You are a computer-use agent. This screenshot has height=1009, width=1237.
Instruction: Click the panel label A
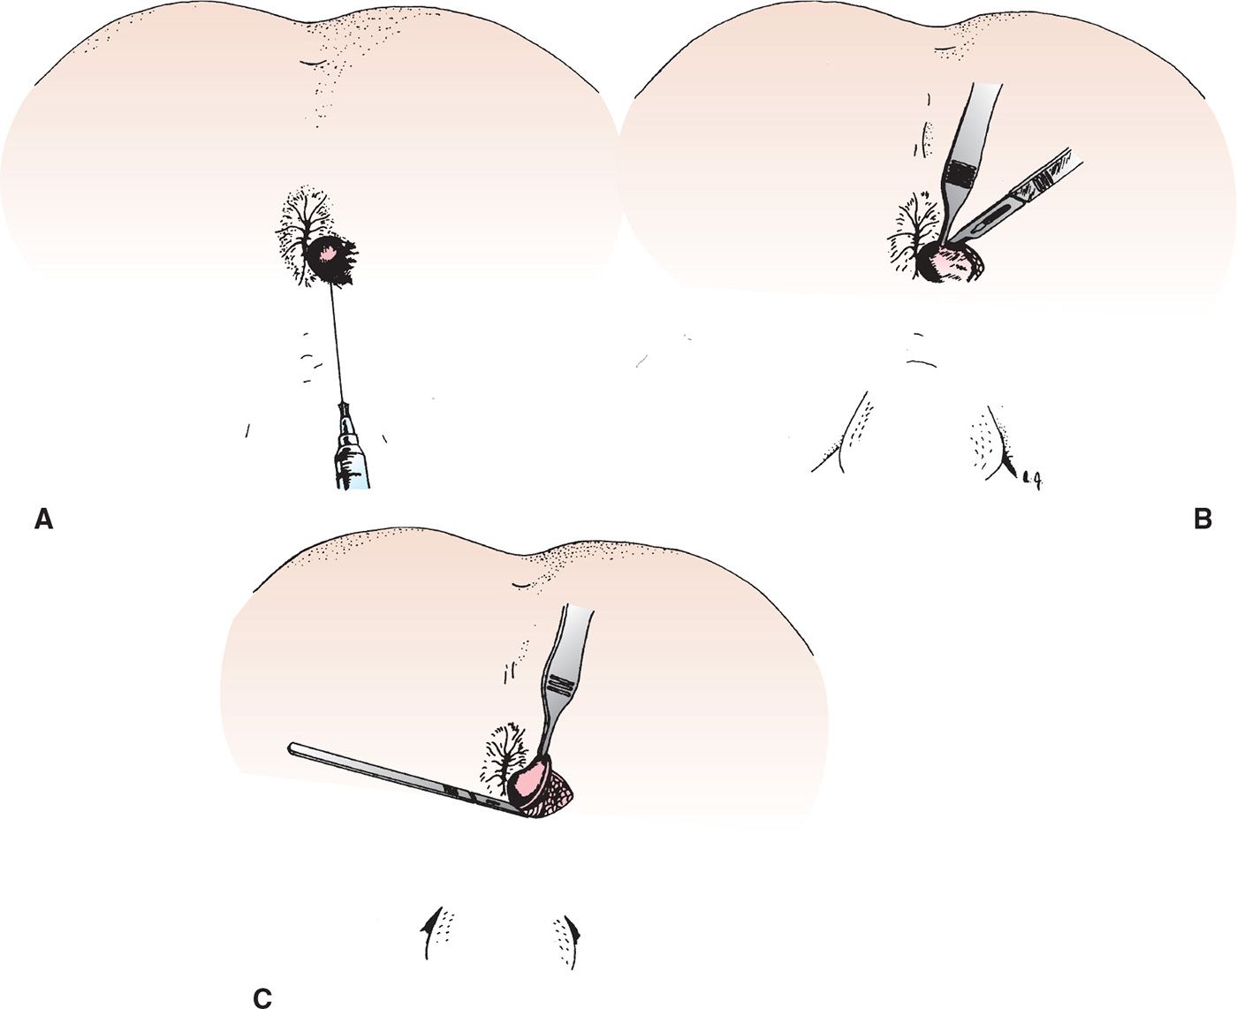pos(44,520)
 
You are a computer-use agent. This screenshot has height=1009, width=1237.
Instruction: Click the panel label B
pos(1203,519)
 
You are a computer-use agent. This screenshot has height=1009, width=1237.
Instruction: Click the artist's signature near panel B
pos(1030,481)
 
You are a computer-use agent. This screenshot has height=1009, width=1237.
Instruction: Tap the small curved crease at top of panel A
pos(313,62)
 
